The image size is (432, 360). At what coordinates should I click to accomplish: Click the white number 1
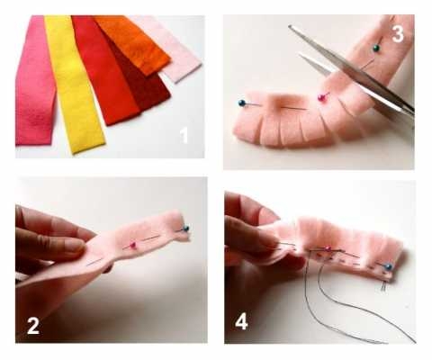[184, 136]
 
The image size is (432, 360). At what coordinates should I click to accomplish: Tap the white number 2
[33, 326]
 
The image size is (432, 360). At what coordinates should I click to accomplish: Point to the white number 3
[398, 34]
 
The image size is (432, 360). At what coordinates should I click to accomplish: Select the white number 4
[241, 322]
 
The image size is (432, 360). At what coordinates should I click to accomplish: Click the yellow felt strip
[74, 84]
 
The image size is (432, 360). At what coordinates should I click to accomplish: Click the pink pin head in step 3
[321, 97]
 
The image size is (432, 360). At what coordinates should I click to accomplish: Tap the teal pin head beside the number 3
[375, 48]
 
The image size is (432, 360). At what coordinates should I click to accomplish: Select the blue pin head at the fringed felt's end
[242, 103]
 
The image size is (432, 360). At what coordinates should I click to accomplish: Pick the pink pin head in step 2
[133, 245]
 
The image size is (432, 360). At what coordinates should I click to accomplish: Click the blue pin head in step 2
[186, 229]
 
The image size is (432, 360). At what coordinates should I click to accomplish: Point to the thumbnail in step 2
[74, 245]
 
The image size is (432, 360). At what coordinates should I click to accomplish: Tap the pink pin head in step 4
[328, 248]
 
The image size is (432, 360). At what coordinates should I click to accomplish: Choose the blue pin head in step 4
[389, 266]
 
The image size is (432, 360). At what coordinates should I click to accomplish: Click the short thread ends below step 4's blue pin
[383, 286]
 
